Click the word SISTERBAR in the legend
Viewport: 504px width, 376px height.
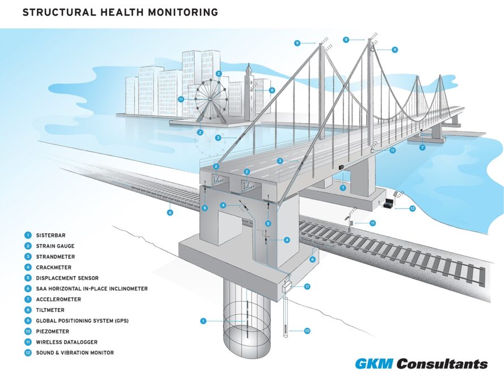click(50, 235)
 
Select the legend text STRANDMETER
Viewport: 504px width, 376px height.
click(55, 257)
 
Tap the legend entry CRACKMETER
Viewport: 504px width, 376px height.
click(54, 267)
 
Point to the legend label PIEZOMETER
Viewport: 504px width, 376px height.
click(53, 331)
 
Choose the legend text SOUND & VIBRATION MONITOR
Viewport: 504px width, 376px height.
click(75, 353)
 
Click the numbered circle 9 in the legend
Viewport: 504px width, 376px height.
click(28, 321)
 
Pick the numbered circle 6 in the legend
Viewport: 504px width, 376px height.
click(28, 289)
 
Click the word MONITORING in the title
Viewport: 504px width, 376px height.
click(183, 12)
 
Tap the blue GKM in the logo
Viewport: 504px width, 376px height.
click(374, 364)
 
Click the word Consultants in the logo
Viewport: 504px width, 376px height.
click(442, 364)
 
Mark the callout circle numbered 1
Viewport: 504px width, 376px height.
click(203, 321)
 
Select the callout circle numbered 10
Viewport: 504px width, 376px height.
click(307, 331)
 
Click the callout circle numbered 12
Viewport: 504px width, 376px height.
click(412, 208)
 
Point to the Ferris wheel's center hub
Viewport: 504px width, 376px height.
click(211, 100)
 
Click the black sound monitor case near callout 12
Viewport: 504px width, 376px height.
click(388, 204)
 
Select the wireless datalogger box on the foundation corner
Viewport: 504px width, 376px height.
click(287, 286)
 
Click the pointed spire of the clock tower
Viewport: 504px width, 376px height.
click(249, 68)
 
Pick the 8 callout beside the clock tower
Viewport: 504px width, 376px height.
click(272, 90)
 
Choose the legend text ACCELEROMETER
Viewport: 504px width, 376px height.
click(58, 299)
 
